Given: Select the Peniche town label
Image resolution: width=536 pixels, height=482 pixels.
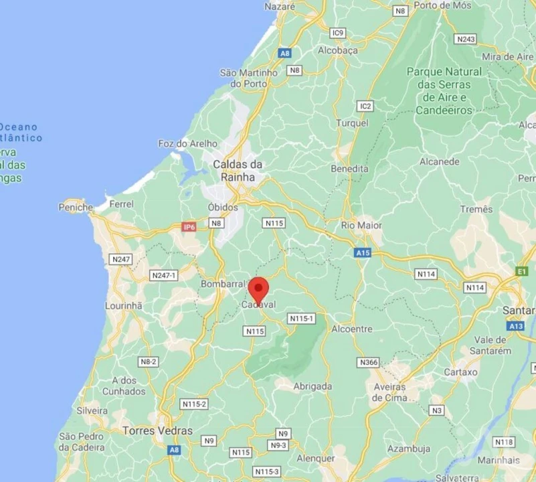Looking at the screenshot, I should pyautogui.click(x=76, y=208).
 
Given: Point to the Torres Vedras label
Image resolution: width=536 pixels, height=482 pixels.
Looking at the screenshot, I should pyautogui.click(x=158, y=430).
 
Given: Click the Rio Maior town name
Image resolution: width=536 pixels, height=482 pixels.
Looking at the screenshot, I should pyautogui.click(x=361, y=226).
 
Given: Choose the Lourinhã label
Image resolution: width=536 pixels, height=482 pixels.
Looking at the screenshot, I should pyautogui.click(x=124, y=306).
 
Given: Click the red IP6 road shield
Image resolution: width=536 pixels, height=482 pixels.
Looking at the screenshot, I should pyautogui.click(x=189, y=227).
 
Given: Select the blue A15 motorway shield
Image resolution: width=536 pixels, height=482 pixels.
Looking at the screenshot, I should pyautogui.click(x=363, y=253).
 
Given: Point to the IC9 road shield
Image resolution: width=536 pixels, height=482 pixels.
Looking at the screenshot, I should pyautogui.click(x=338, y=33).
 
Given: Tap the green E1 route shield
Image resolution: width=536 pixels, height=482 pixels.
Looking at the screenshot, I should pyautogui.click(x=521, y=270).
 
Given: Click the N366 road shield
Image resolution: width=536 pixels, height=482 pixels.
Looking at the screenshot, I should pyautogui.click(x=369, y=362).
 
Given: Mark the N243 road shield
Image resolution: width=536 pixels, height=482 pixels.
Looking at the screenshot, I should pyautogui.click(x=465, y=39).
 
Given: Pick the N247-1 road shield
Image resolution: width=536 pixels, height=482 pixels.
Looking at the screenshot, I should pyautogui.click(x=164, y=275).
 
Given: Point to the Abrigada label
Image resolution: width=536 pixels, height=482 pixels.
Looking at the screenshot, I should pyautogui.click(x=312, y=386).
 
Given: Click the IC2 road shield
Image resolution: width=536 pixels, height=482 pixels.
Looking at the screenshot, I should pyautogui.click(x=365, y=106).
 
